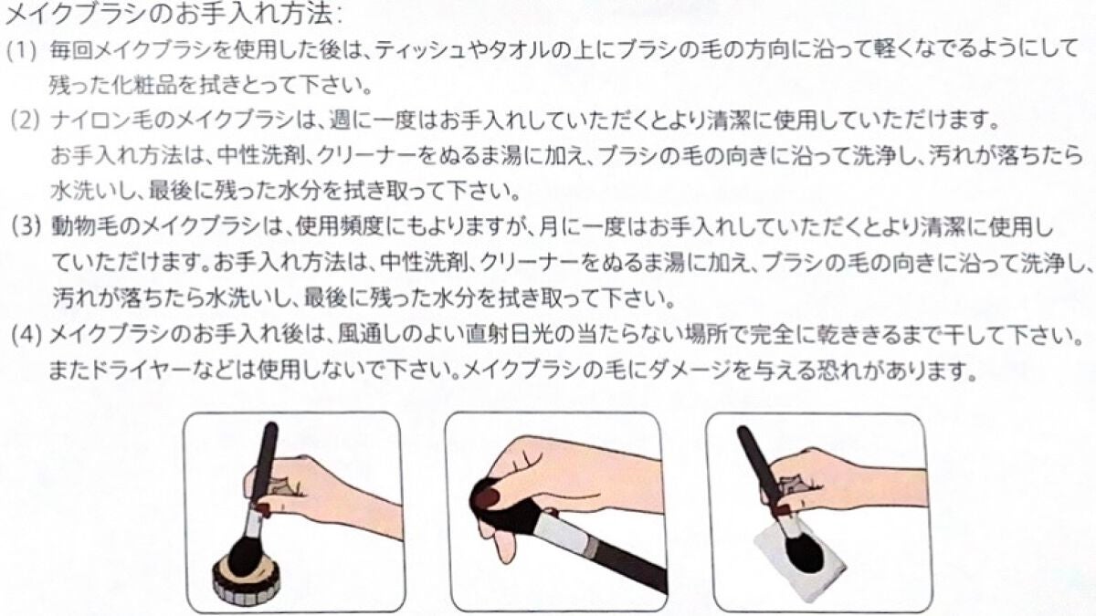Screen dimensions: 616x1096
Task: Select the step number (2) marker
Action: (x=26, y=121)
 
